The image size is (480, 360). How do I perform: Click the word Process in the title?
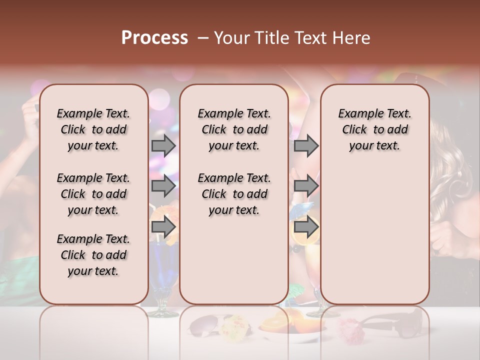click(x=154, y=38)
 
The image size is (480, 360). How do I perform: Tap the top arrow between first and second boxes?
click(x=163, y=145)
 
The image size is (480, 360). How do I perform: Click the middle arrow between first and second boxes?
click(x=163, y=186)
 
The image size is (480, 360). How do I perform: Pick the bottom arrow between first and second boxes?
click(x=163, y=227)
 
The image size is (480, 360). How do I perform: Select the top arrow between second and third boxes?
click(x=306, y=145)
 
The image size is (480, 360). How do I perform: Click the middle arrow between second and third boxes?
click(x=306, y=186)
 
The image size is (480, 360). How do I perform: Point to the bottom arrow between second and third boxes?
click(x=306, y=227)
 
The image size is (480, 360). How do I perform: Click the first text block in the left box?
click(x=93, y=129)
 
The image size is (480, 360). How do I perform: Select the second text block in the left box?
click(x=93, y=194)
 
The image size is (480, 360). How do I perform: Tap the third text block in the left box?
click(x=93, y=255)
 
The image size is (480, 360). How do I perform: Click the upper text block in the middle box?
click(x=234, y=129)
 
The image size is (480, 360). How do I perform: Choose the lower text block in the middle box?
click(x=234, y=194)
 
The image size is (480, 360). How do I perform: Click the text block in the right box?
click(x=374, y=129)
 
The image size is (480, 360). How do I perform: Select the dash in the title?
click(x=202, y=38)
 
